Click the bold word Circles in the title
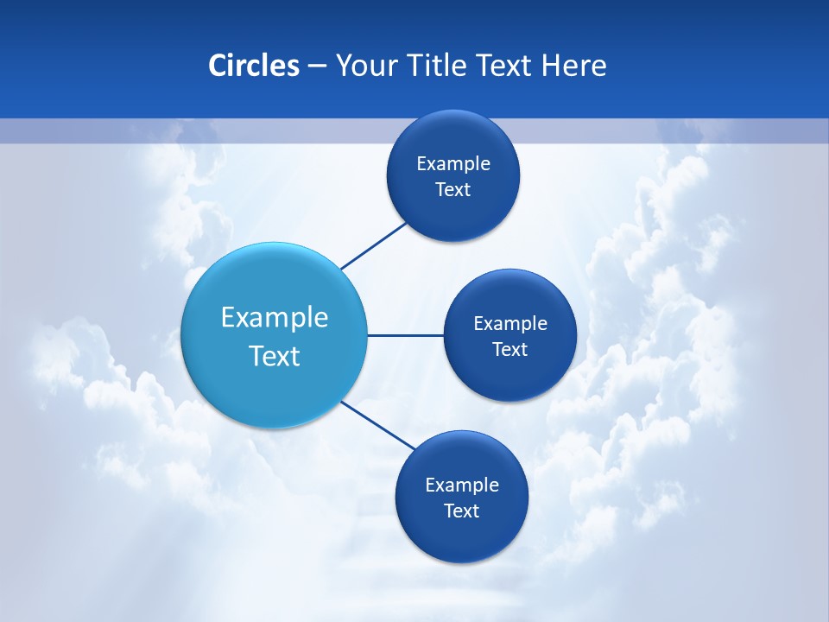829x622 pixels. [253, 66]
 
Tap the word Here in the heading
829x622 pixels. [573, 66]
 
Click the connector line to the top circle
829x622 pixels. [374, 245]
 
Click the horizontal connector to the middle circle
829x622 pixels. [405, 335]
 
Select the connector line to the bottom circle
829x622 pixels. [378, 425]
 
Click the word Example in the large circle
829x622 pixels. [275, 318]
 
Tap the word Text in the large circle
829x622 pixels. [275, 356]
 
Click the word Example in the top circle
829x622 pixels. [453, 164]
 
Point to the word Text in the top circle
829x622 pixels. [453, 190]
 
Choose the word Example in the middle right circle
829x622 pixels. [510, 324]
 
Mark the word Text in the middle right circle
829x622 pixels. [510, 350]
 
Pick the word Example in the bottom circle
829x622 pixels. [462, 486]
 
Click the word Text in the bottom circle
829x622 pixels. [462, 511]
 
